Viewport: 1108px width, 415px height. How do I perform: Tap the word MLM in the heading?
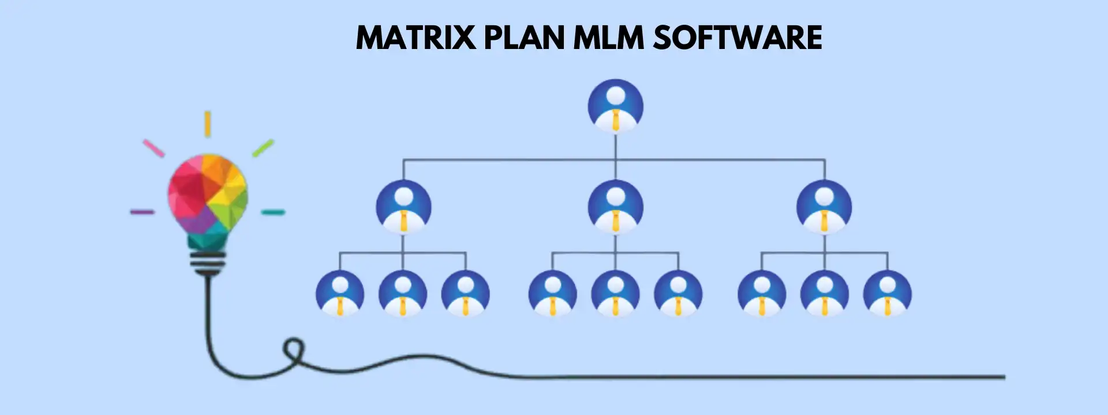point(608,38)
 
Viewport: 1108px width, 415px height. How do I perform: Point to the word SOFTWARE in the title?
point(738,38)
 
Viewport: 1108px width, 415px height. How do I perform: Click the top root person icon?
point(615,107)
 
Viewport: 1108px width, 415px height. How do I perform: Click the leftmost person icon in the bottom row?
point(340,294)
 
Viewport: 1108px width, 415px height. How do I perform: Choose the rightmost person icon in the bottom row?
point(887,294)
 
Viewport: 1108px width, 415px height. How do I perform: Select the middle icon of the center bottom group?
point(615,294)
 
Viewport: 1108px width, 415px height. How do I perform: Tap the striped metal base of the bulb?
point(207,263)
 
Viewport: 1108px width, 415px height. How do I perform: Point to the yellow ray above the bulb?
point(207,124)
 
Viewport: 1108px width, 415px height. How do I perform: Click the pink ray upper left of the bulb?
point(154,148)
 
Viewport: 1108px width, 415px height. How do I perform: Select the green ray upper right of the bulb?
point(263,148)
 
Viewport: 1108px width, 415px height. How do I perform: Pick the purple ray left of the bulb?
point(142,212)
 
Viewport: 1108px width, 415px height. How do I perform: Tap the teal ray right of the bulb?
point(273,212)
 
